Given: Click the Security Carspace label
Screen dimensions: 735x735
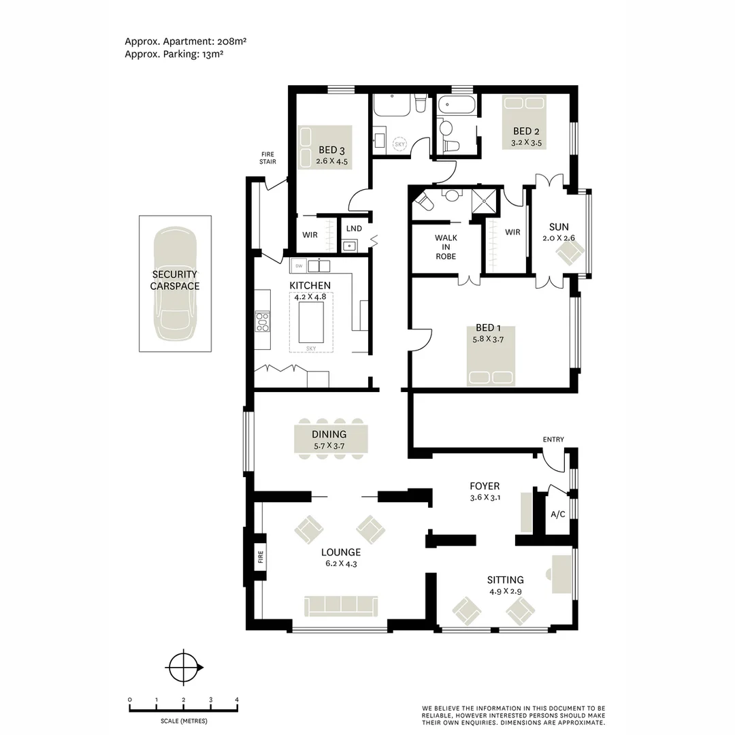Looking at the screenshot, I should [175, 280].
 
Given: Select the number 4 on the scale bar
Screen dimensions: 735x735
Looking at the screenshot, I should [237, 700].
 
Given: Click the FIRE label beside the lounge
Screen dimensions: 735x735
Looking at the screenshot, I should [260, 559].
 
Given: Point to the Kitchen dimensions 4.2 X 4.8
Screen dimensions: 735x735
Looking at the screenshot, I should [310, 297].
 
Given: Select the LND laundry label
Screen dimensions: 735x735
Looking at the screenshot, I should [354, 229].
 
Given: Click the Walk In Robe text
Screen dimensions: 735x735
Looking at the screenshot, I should [446, 247].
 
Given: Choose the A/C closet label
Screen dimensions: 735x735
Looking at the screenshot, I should [557, 514].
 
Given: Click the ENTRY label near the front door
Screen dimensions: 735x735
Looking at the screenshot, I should [553, 440].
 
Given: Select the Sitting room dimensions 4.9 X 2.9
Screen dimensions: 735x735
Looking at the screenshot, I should [505, 592].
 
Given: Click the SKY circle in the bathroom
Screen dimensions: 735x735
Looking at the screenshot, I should [400, 144].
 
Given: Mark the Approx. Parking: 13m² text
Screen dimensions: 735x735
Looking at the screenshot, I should [174, 54].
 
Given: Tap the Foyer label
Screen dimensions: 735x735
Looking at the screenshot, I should [485, 486].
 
